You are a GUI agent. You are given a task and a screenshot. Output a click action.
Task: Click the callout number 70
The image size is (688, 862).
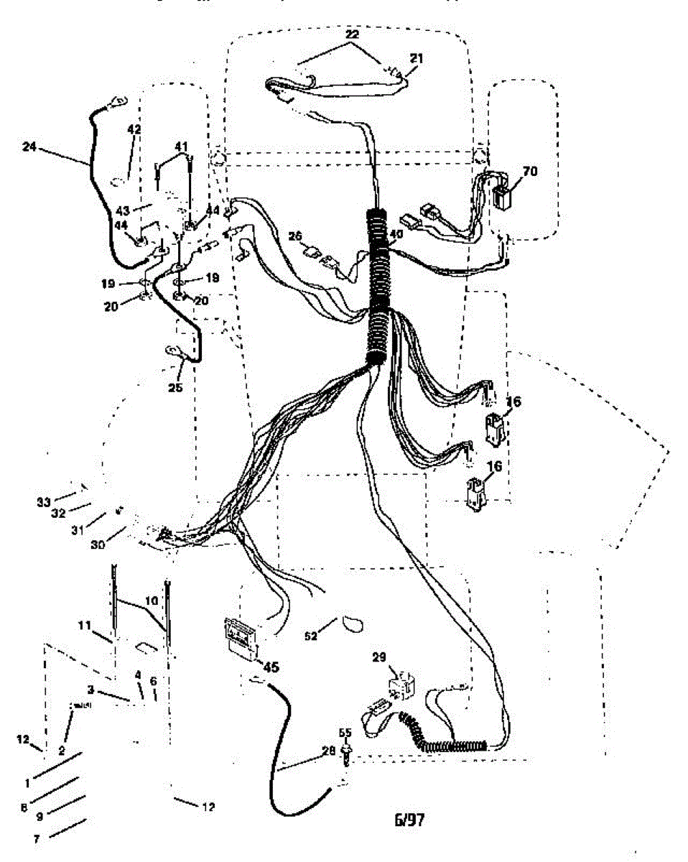point(530,172)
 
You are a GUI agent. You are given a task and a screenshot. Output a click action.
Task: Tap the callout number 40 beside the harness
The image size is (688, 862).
point(396,233)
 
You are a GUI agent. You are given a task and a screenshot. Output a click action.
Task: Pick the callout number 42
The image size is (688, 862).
point(134,129)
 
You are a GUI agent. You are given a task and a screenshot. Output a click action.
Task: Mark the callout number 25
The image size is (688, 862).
point(176,388)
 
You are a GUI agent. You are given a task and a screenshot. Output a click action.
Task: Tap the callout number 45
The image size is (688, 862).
point(269,667)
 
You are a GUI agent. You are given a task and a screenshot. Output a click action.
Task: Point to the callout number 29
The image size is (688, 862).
point(379,657)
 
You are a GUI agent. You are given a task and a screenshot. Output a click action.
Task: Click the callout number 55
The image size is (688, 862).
point(345,733)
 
